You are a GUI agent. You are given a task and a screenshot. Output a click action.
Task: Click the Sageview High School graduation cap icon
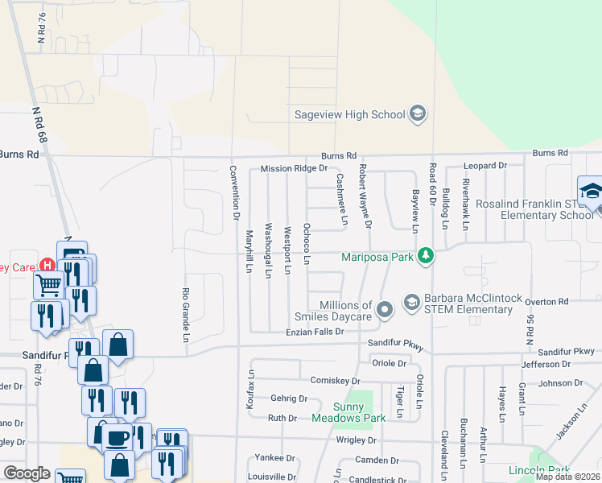point(417,114)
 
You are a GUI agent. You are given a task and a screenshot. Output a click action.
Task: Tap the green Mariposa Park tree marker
point(426,257)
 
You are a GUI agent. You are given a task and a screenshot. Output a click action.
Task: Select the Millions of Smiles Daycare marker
point(385,309)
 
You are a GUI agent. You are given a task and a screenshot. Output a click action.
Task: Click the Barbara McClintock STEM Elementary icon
point(412,302)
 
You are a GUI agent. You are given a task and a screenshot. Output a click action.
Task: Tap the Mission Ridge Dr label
point(294,169)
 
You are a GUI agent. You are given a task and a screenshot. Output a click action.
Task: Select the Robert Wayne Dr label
point(364,196)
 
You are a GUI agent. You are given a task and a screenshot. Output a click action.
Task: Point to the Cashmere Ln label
point(341,199)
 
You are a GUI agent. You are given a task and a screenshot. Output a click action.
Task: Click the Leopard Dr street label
point(485,166)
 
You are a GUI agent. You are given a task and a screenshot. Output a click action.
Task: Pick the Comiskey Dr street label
point(332,379)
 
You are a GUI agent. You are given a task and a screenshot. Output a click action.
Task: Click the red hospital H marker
point(47,265)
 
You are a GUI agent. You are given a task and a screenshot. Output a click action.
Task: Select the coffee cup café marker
point(118,437)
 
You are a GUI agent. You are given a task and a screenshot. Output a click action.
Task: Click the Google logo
point(27,473)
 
